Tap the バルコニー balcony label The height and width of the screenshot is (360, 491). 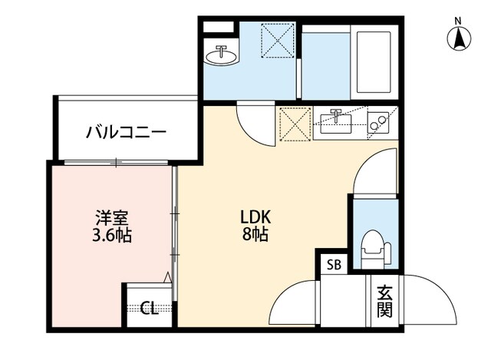(x=126, y=131)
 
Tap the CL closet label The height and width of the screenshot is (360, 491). (x=150, y=309)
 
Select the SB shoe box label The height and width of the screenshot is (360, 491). (x=334, y=265)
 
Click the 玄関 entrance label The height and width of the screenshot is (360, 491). (x=384, y=301)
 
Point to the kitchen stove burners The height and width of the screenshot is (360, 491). (x=377, y=122)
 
